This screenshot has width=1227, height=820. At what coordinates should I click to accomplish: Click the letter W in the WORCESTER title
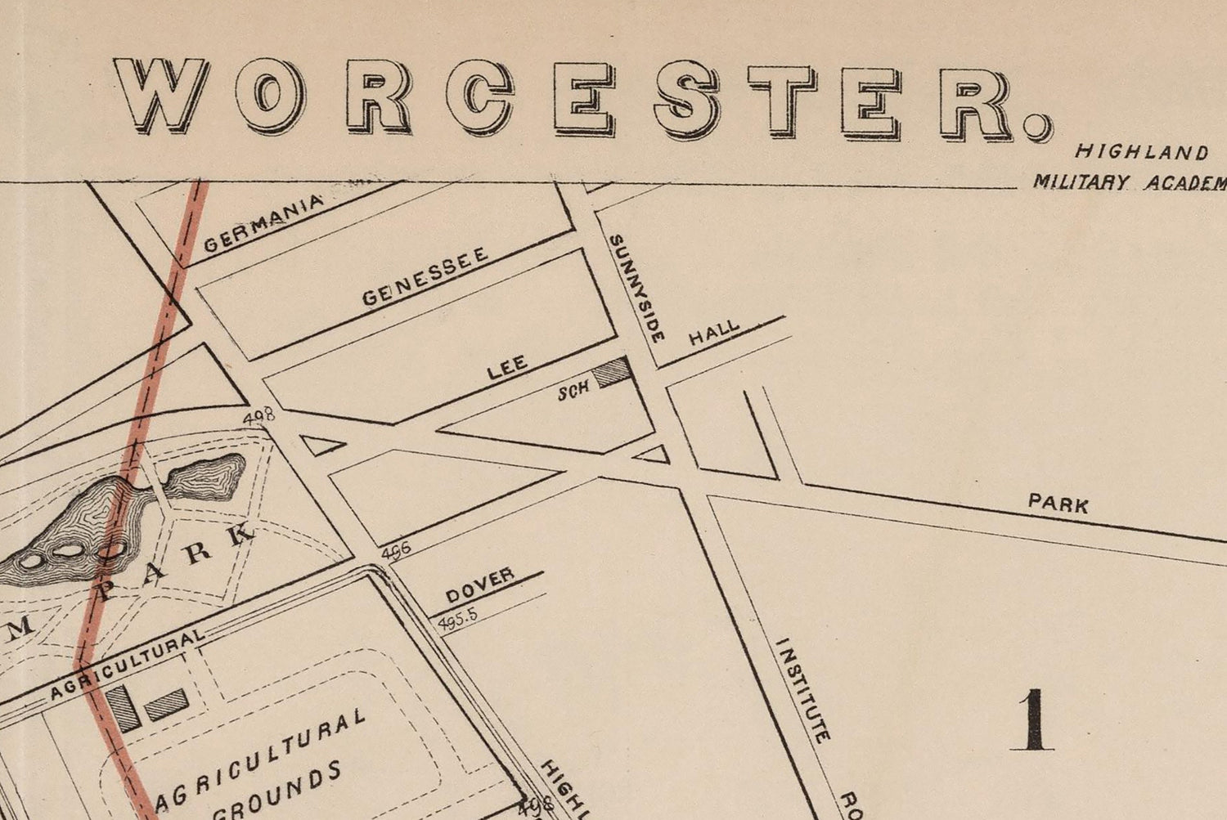(161, 95)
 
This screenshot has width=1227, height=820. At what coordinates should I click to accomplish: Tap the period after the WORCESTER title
(1036, 127)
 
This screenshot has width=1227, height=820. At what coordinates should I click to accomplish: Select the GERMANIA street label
(264, 222)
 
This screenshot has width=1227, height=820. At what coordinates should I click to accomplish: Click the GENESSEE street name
(425, 276)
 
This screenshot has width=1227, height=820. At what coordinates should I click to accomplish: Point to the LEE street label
(507, 367)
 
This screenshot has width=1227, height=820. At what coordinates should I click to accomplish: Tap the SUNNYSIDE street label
(636, 288)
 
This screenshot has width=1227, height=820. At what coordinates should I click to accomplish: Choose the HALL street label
(713, 333)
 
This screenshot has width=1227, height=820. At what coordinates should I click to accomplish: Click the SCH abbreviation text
(573, 391)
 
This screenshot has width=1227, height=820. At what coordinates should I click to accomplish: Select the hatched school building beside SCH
(613, 373)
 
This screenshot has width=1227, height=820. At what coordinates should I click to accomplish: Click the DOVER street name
(480, 586)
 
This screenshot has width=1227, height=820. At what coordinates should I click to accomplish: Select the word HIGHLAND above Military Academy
(1141, 152)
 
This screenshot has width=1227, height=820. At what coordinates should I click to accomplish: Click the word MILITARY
(1080, 181)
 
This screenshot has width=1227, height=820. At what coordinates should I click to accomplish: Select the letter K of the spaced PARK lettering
(240, 535)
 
